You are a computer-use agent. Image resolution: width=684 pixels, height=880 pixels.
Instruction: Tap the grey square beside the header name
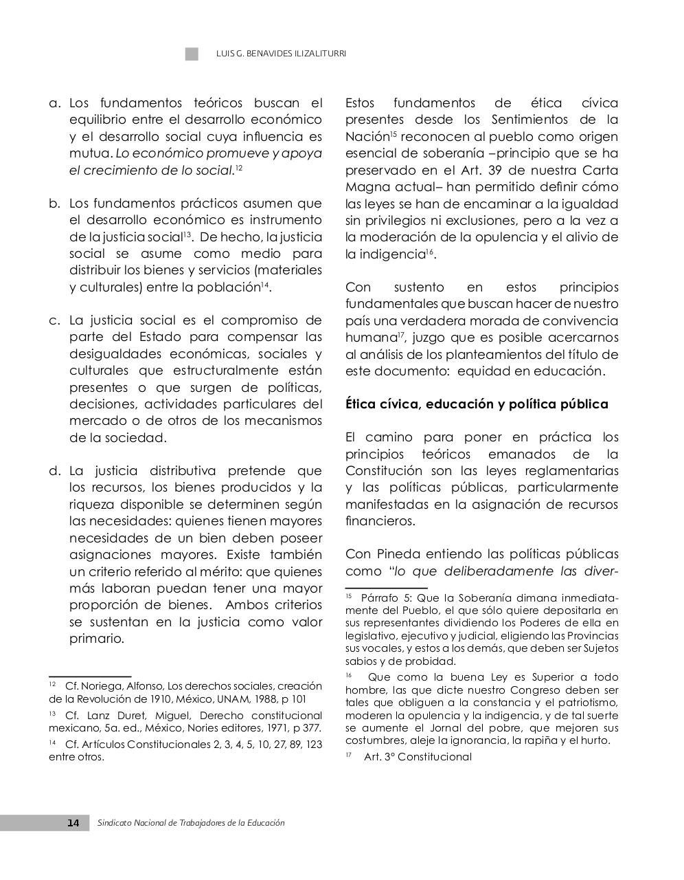click(x=192, y=54)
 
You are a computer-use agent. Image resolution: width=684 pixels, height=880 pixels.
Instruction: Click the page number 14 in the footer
click(x=73, y=823)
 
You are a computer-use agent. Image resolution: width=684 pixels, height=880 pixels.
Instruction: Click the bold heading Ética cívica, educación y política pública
click(x=477, y=404)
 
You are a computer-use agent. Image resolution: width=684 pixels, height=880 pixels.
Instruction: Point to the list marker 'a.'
click(x=56, y=103)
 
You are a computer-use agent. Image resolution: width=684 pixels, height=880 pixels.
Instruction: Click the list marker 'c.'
click(x=56, y=320)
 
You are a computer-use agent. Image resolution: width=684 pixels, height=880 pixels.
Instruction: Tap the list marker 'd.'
click(x=56, y=471)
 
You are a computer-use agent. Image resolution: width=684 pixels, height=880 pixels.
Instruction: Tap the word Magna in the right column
click(x=366, y=187)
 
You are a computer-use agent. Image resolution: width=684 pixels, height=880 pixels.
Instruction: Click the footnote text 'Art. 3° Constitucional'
click(x=418, y=757)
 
